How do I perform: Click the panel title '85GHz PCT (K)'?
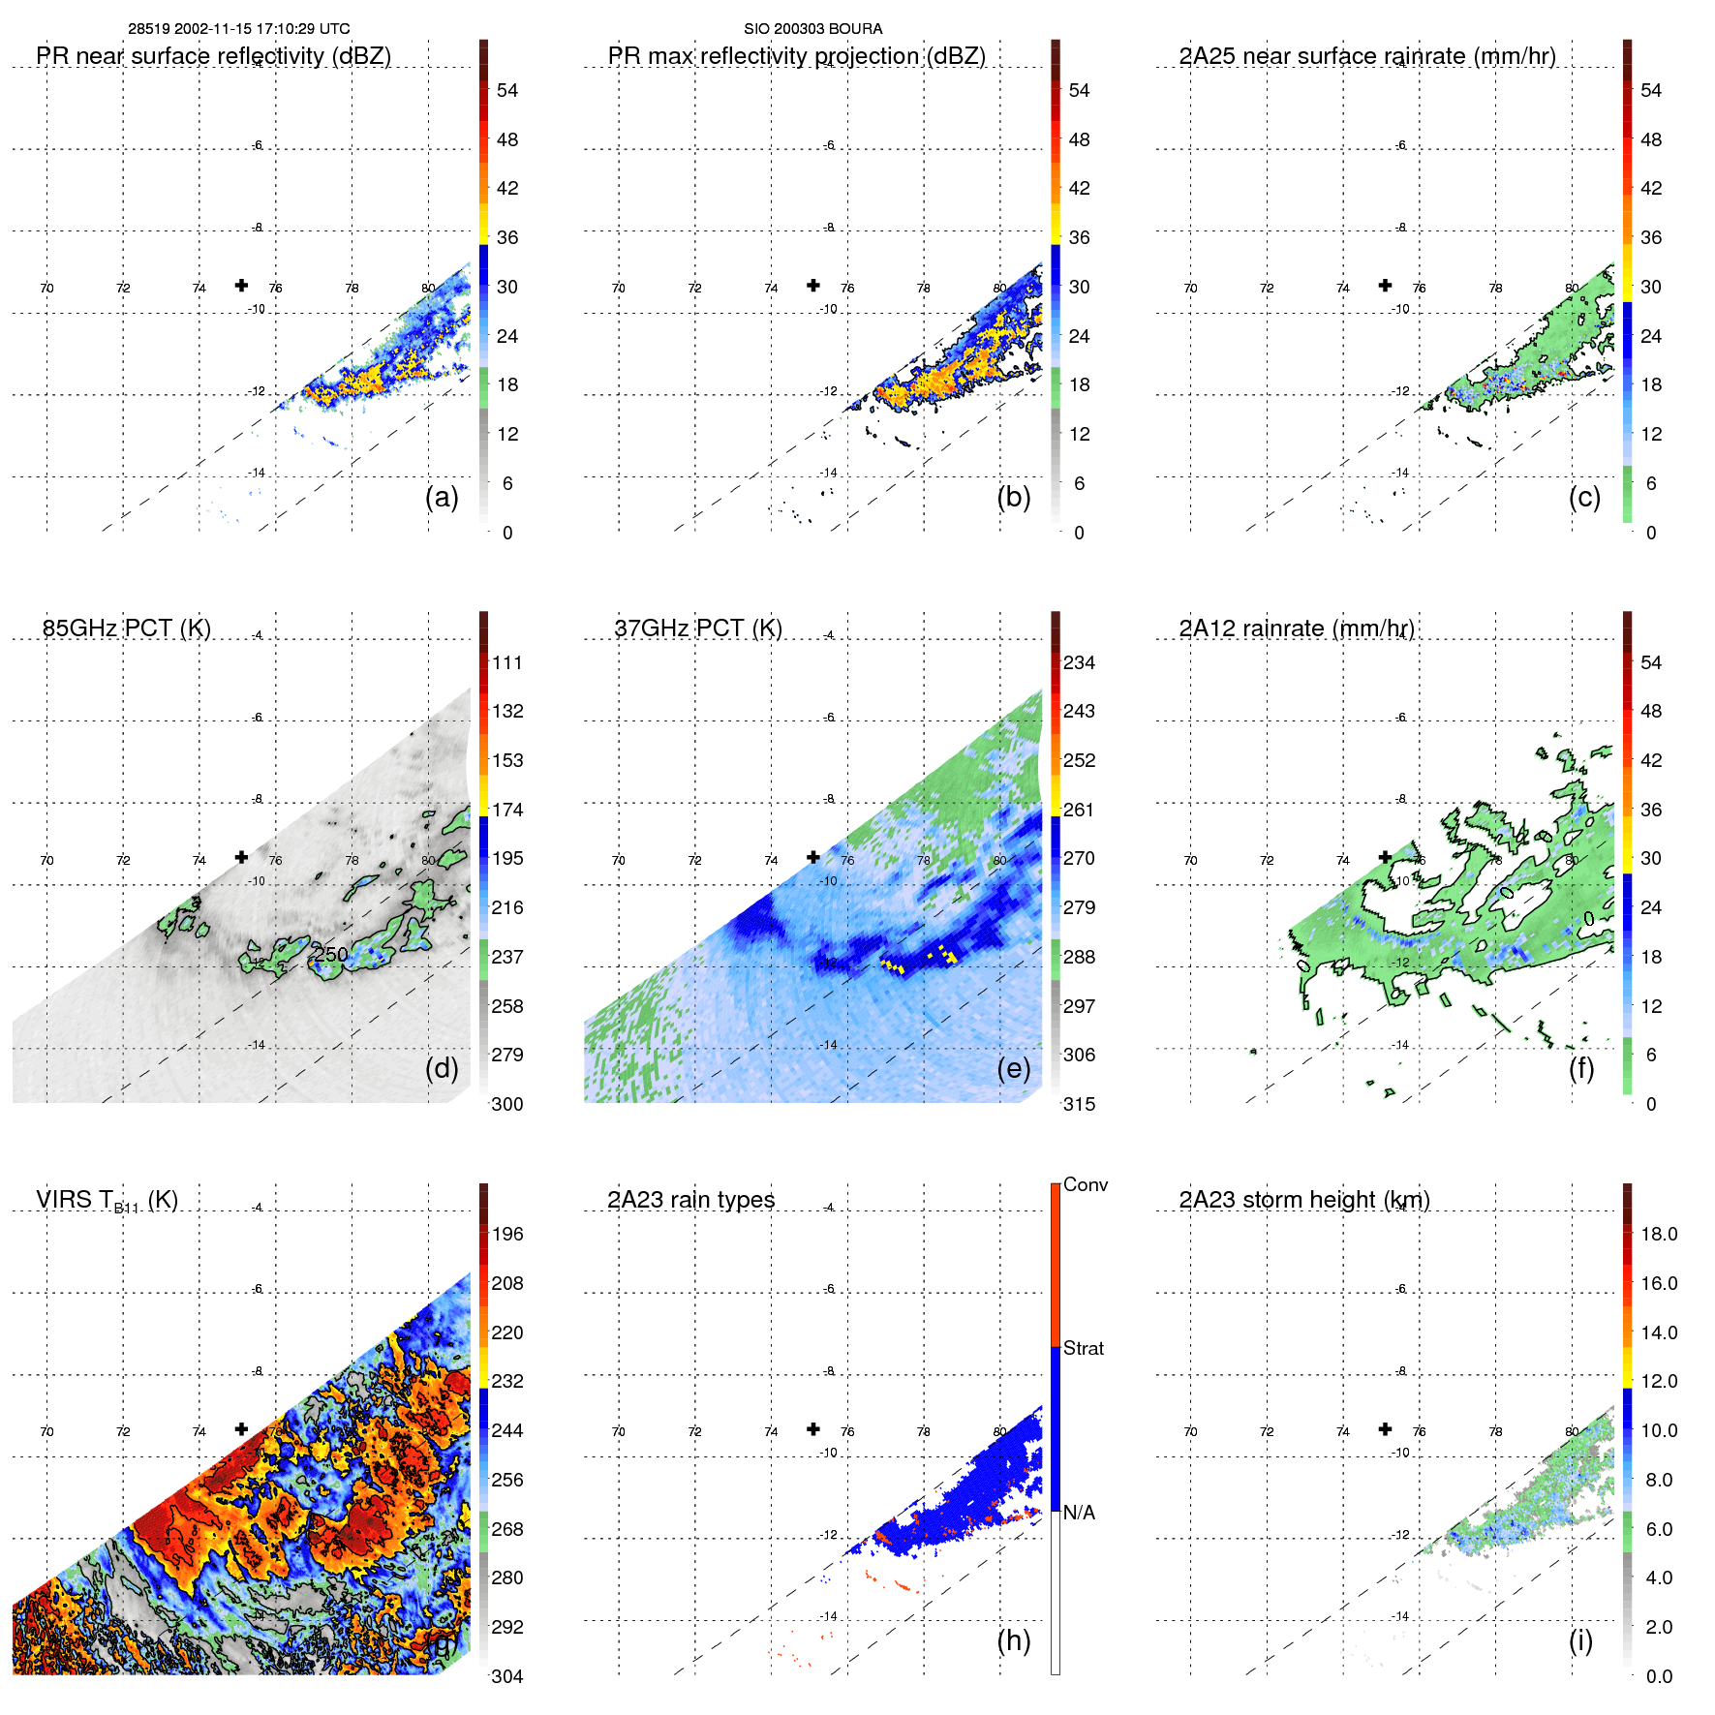point(127,628)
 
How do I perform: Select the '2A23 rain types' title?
point(690,1200)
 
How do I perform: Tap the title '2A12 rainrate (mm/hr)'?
point(1296,628)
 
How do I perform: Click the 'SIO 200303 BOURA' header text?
point(812,29)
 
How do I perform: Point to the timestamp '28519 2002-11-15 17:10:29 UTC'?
point(239,29)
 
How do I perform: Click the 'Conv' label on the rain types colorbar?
point(1085,1184)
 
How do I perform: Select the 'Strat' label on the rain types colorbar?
point(1083,1348)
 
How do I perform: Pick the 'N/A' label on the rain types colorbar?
point(1079,1513)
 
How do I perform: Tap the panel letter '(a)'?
point(442,498)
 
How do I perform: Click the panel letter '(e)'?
point(1013,1069)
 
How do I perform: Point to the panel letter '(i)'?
point(1580,1640)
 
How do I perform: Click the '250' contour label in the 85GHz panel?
point(330,954)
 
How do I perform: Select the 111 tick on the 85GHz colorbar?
point(507,662)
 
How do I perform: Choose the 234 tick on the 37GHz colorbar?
point(1079,662)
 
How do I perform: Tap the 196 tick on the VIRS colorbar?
point(507,1234)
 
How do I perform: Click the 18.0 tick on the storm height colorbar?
point(1658,1234)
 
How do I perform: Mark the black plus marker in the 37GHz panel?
point(813,857)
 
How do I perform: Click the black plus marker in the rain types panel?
point(813,1428)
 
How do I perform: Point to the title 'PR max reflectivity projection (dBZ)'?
point(796,56)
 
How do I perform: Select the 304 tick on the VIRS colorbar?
point(507,1676)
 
